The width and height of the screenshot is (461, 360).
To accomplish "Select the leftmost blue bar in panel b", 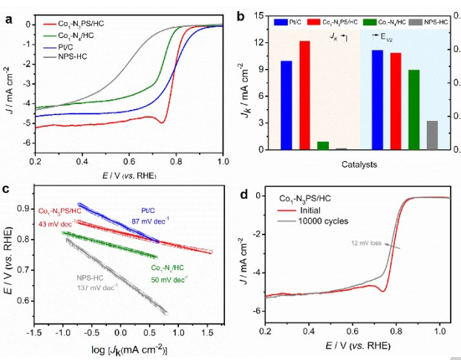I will pyautogui.click(x=286, y=105).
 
